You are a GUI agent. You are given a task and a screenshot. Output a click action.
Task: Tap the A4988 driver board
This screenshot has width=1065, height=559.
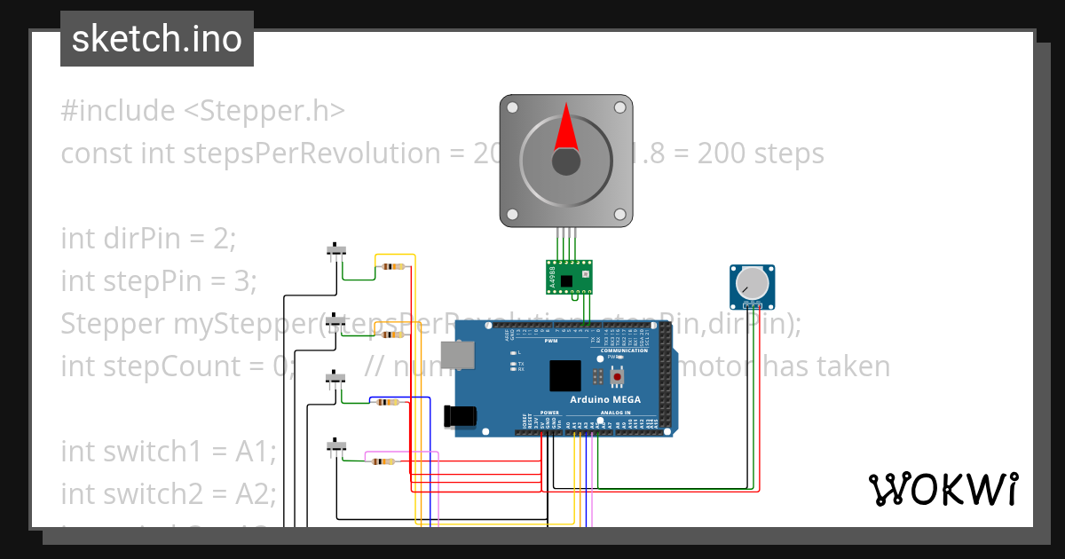(x=569, y=276)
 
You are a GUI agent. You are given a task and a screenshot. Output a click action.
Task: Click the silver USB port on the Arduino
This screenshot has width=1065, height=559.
(x=457, y=355)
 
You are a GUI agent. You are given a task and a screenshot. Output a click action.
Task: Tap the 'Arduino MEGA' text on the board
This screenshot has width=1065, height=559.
(x=605, y=399)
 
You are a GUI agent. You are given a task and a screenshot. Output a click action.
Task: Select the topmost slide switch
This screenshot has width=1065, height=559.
(x=336, y=251)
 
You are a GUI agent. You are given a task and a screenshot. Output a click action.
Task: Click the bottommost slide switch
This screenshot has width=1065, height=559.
(x=336, y=445)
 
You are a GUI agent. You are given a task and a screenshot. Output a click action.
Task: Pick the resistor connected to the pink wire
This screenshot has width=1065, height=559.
(x=383, y=461)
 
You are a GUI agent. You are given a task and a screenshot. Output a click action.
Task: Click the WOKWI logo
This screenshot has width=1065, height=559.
(x=943, y=489)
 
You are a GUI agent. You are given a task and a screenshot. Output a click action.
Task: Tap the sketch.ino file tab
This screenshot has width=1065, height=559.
(x=157, y=39)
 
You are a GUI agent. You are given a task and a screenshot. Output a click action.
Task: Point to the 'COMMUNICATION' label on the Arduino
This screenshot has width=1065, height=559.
(x=624, y=350)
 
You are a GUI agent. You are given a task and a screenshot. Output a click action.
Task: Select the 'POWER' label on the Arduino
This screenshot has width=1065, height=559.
(x=549, y=413)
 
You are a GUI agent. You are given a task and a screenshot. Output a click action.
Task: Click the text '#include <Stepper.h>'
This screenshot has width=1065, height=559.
(x=202, y=111)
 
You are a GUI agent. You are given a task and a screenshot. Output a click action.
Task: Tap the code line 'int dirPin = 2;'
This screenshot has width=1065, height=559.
(x=148, y=239)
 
